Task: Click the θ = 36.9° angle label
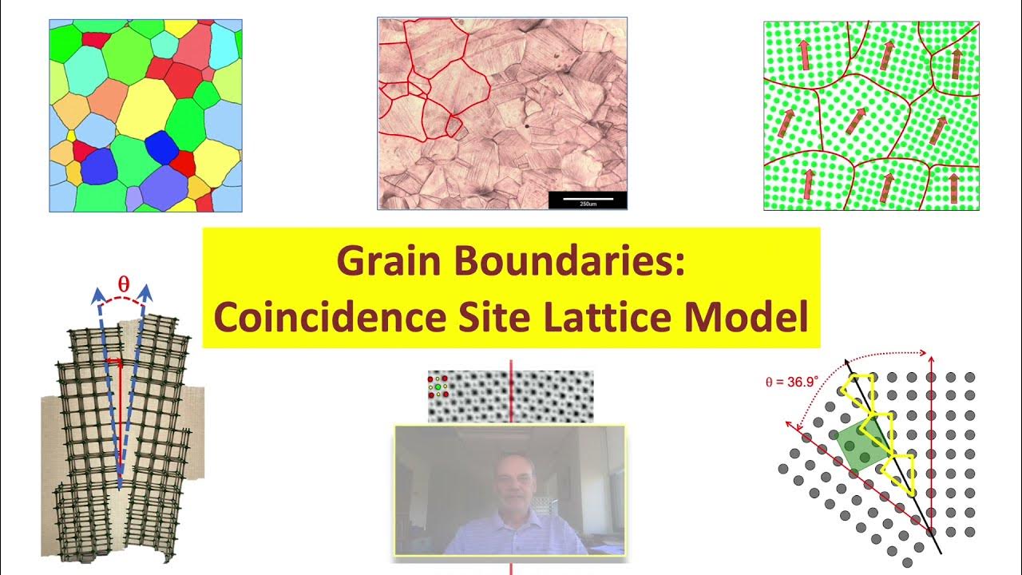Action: pyautogui.click(x=792, y=382)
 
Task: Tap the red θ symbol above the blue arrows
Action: pyautogui.click(x=123, y=284)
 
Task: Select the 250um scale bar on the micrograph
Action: pyautogui.click(x=587, y=200)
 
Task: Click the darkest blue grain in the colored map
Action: pyautogui.click(x=162, y=147)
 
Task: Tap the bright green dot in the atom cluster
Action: pyautogui.click(x=438, y=387)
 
